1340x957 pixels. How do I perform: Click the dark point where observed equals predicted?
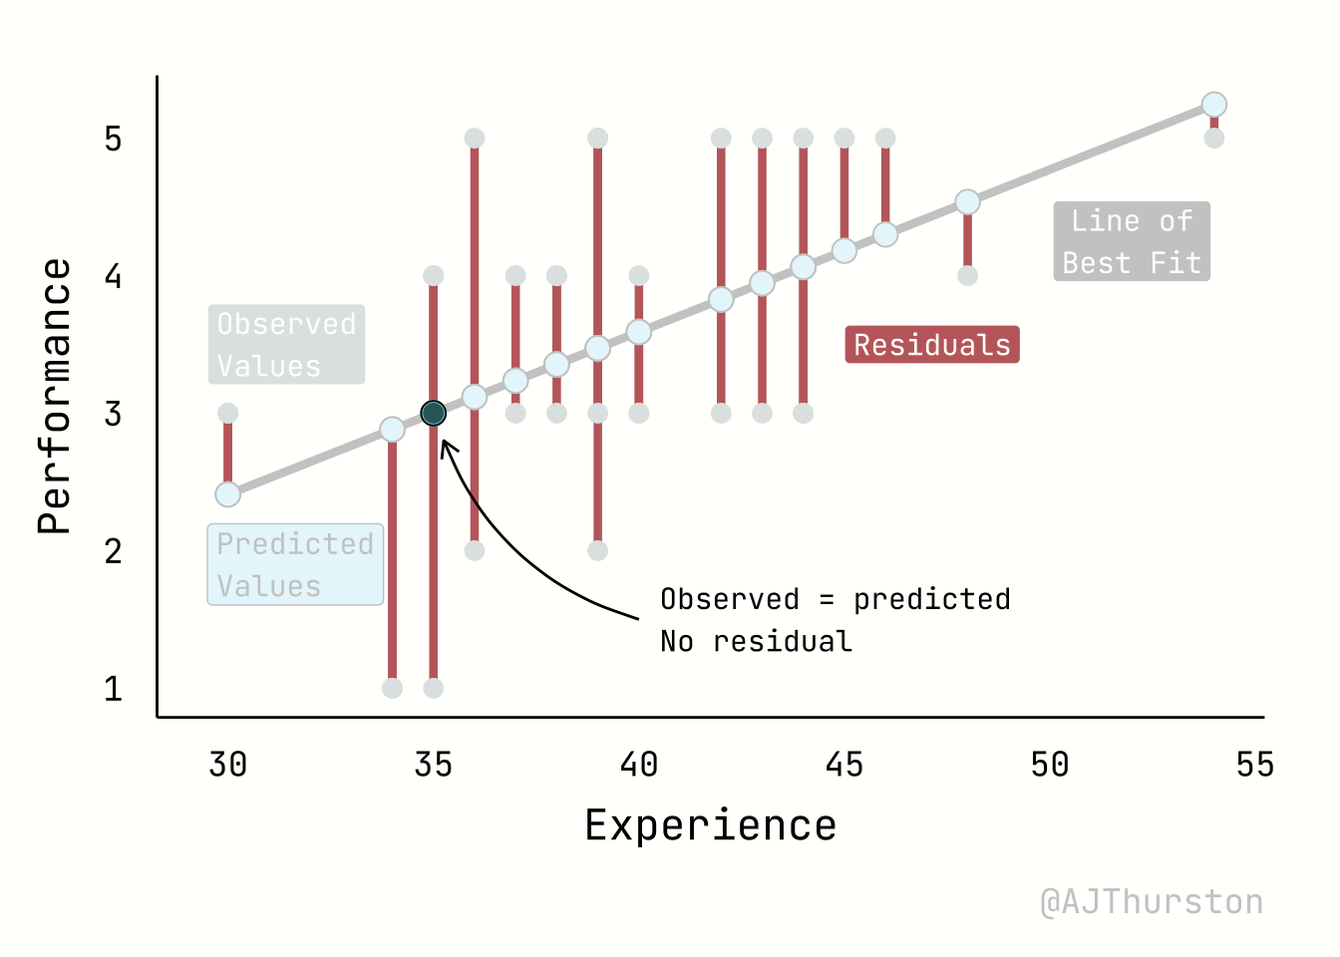433,413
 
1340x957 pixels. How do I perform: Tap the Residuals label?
932,345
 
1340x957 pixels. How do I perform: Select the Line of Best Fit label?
1132,241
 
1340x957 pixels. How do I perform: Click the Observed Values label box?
286,345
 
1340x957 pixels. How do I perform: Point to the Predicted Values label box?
295,564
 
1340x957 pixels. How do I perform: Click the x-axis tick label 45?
843,765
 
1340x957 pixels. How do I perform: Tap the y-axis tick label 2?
114,550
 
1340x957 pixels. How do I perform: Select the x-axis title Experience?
710,825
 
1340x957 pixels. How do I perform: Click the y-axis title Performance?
55,397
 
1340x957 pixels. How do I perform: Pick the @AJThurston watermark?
1152,901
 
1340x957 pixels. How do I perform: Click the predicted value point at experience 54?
1213,105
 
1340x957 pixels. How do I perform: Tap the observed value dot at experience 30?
227,413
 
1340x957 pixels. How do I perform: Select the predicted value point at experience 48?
967,202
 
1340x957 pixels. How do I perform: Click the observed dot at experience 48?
967,275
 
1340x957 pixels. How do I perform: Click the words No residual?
756,641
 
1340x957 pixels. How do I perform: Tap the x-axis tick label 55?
1254,765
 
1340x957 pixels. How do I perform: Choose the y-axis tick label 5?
114,139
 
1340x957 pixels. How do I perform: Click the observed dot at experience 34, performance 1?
392,688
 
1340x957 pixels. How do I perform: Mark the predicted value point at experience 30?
227,494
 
